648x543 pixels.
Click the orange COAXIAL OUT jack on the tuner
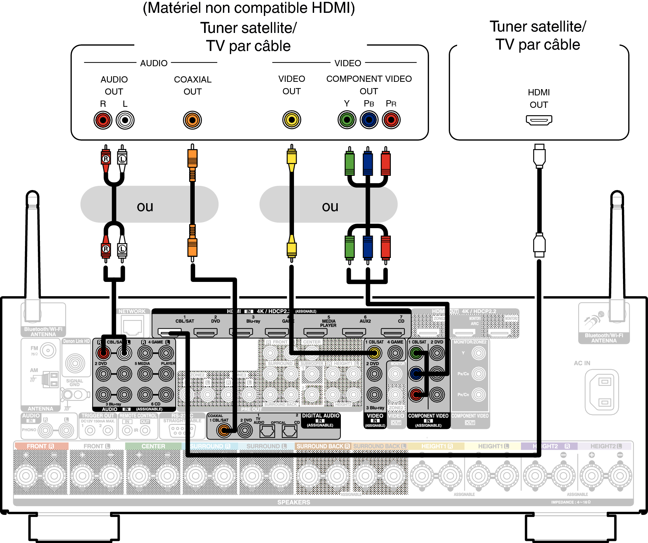point(192,120)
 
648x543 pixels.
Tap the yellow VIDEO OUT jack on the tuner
point(292,120)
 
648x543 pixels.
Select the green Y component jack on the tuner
point(347,120)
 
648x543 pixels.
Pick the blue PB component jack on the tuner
point(369,120)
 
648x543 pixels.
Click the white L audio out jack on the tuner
point(125,120)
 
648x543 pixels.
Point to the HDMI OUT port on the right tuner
point(539,120)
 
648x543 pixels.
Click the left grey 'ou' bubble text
point(145,207)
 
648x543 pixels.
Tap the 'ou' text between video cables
point(330,207)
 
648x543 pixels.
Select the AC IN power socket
point(601,392)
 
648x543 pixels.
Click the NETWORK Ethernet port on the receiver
point(133,327)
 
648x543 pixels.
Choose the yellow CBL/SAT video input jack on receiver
point(374,353)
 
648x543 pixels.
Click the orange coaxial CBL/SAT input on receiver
point(224,430)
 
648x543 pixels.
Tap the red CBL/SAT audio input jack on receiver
point(103,353)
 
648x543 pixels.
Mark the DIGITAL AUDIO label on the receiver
point(320,416)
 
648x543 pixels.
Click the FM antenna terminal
point(48,351)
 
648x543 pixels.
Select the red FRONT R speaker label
point(40,446)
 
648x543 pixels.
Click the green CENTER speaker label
point(153,446)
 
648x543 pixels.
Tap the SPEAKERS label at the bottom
point(294,502)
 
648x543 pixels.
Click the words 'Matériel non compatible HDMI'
point(249,8)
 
